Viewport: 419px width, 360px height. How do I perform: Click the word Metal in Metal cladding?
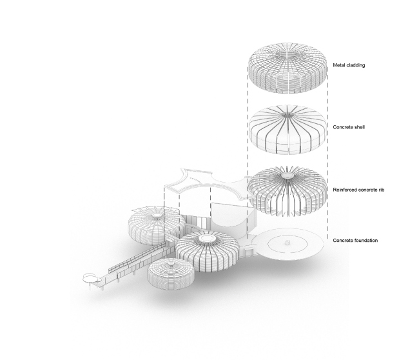[338, 65]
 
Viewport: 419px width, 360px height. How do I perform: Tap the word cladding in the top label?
[355, 65]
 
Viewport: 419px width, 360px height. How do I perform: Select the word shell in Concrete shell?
[359, 127]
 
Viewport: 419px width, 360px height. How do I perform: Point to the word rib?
[382, 190]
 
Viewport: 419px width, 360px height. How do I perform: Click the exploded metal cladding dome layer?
[287, 68]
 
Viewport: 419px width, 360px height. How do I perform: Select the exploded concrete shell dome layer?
[287, 130]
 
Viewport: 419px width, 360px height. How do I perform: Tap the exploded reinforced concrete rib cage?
[287, 191]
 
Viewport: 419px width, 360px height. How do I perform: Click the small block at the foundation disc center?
[287, 243]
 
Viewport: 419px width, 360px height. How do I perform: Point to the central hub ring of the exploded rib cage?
[287, 175]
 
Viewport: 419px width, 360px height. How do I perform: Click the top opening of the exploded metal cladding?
[287, 55]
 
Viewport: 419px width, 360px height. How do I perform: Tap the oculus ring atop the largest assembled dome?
[205, 238]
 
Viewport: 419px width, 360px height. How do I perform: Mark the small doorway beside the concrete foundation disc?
[249, 252]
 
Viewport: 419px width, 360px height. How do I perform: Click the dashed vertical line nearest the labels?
[328, 153]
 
